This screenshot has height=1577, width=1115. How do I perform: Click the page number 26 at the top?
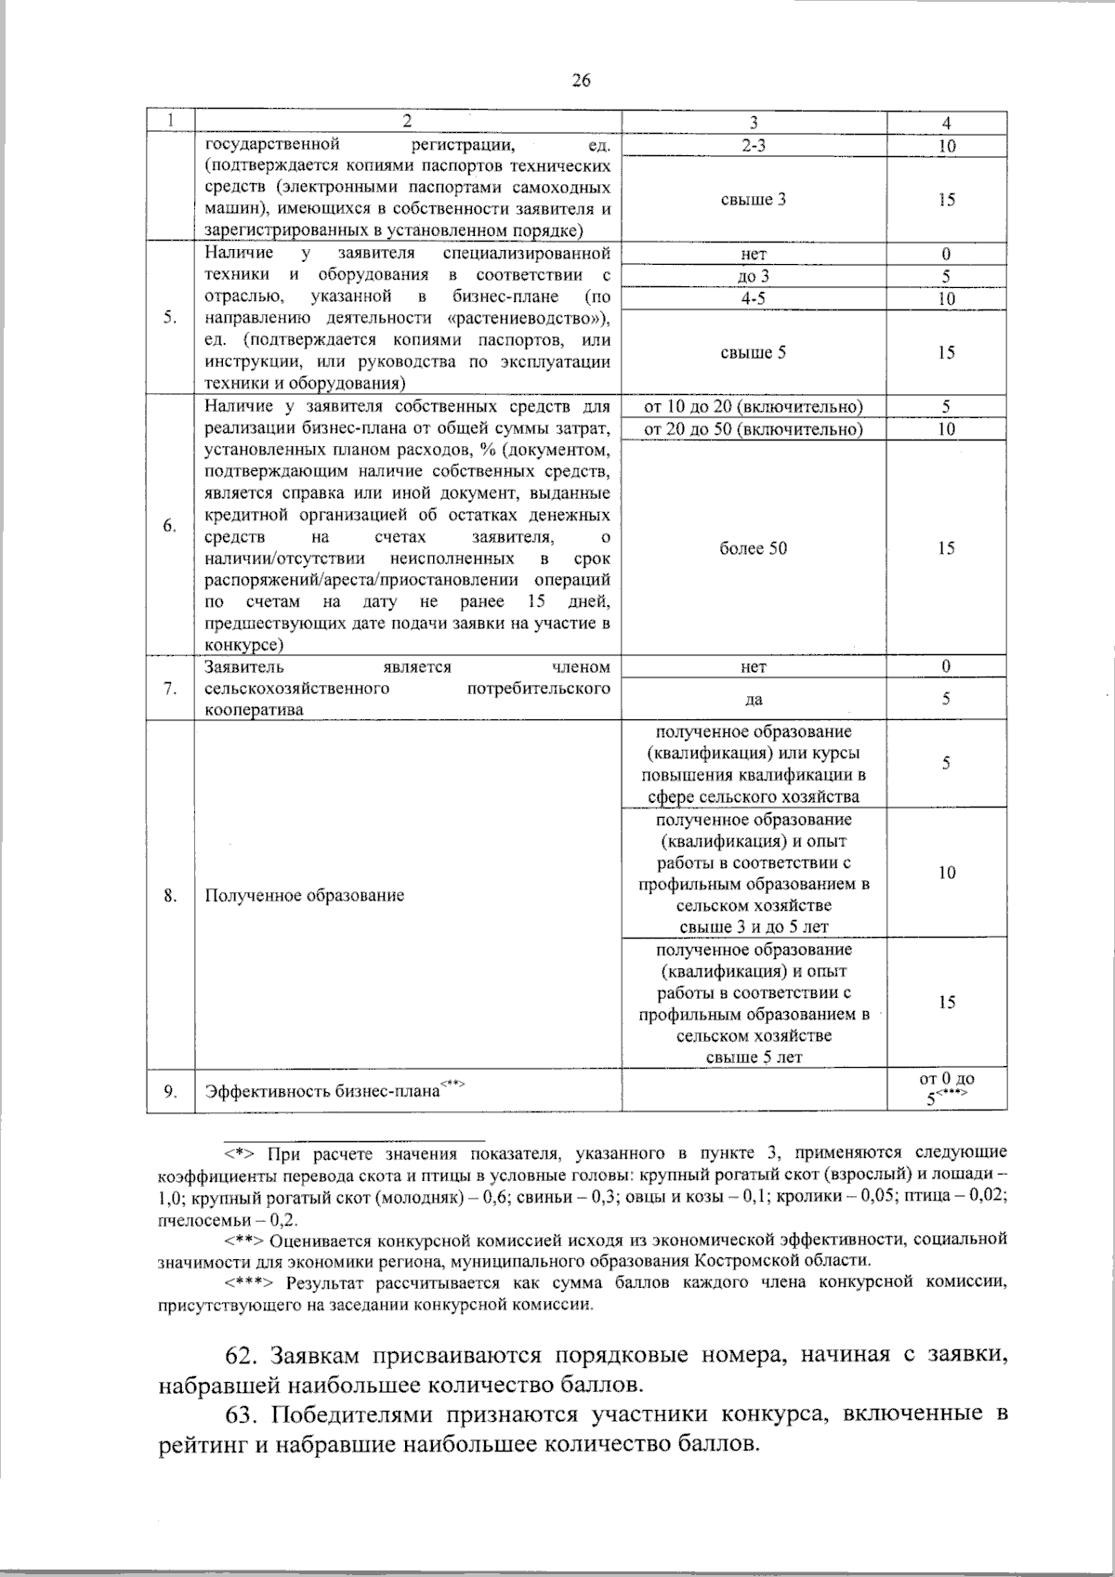pyautogui.click(x=581, y=80)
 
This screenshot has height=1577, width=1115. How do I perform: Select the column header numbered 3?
pyautogui.click(x=754, y=123)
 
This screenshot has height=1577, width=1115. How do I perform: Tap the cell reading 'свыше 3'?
pyautogui.click(x=754, y=200)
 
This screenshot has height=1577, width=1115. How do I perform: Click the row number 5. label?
pyautogui.click(x=170, y=318)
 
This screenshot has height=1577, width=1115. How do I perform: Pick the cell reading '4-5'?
pyautogui.click(x=754, y=298)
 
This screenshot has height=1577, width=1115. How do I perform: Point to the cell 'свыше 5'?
pyautogui.click(x=754, y=353)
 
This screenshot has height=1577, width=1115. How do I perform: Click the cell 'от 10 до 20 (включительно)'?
pyautogui.click(x=754, y=407)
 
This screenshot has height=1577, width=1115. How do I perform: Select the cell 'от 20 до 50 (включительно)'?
pyautogui.click(x=754, y=429)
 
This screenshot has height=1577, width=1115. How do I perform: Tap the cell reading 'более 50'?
pyautogui.click(x=754, y=548)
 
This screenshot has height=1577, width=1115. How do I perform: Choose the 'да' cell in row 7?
pyautogui.click(x=754, y=700)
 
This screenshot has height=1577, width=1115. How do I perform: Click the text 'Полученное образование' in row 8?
pyautogui.click(x=304, y=896)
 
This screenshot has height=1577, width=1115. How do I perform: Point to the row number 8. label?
pyautogui.click(x=170, y=896)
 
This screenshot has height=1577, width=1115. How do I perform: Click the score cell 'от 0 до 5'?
pyautogui.click(x=946, y=1088)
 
